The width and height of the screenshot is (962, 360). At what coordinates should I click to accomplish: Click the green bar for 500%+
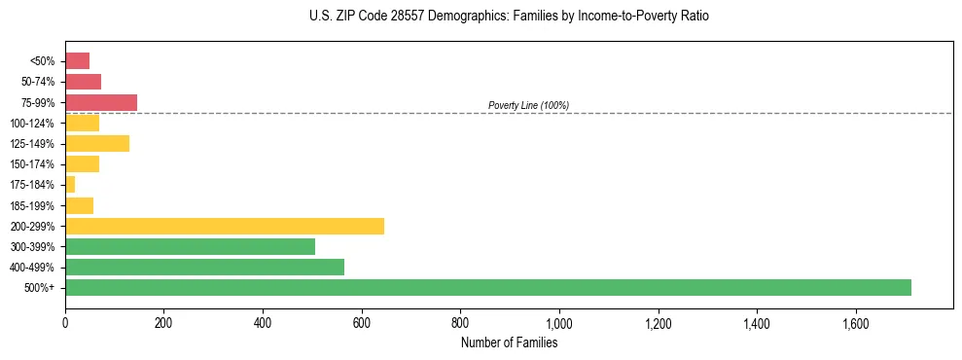click(x=487, y=287)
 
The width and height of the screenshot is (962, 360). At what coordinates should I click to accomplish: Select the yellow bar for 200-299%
click(x=225, y=226)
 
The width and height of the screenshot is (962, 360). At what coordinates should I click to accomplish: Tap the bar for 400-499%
click(x=204, y=267)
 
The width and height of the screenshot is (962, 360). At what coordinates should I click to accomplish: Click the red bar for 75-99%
click(x=101, y=102)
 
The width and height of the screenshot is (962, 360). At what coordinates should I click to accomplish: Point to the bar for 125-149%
click(x=97, y=143)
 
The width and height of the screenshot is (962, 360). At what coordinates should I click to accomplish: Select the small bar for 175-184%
click(x=70, y=184)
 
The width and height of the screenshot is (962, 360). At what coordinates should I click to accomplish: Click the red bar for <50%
click(x=77, y=61)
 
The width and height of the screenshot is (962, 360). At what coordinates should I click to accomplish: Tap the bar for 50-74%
click(x=83, y=82)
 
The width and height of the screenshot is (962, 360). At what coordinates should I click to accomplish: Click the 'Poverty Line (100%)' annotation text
click(x=528, y=105)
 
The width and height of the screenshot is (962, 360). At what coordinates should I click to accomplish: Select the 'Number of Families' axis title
click(x=509, y=342)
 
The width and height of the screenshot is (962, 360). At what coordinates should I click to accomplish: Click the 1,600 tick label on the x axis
click(x=855, y=323)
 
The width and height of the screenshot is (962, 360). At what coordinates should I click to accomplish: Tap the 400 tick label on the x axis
click(x=263, y=323)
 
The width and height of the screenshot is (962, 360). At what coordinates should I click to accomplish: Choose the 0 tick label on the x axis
click(x=65, y=323)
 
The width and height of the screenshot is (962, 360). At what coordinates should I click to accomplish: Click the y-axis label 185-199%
click(x=32, y=205)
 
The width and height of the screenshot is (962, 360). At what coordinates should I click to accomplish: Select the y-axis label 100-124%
click(x=32, y=124)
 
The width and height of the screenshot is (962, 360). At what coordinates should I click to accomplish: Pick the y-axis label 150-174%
click(x=32, y=164)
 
